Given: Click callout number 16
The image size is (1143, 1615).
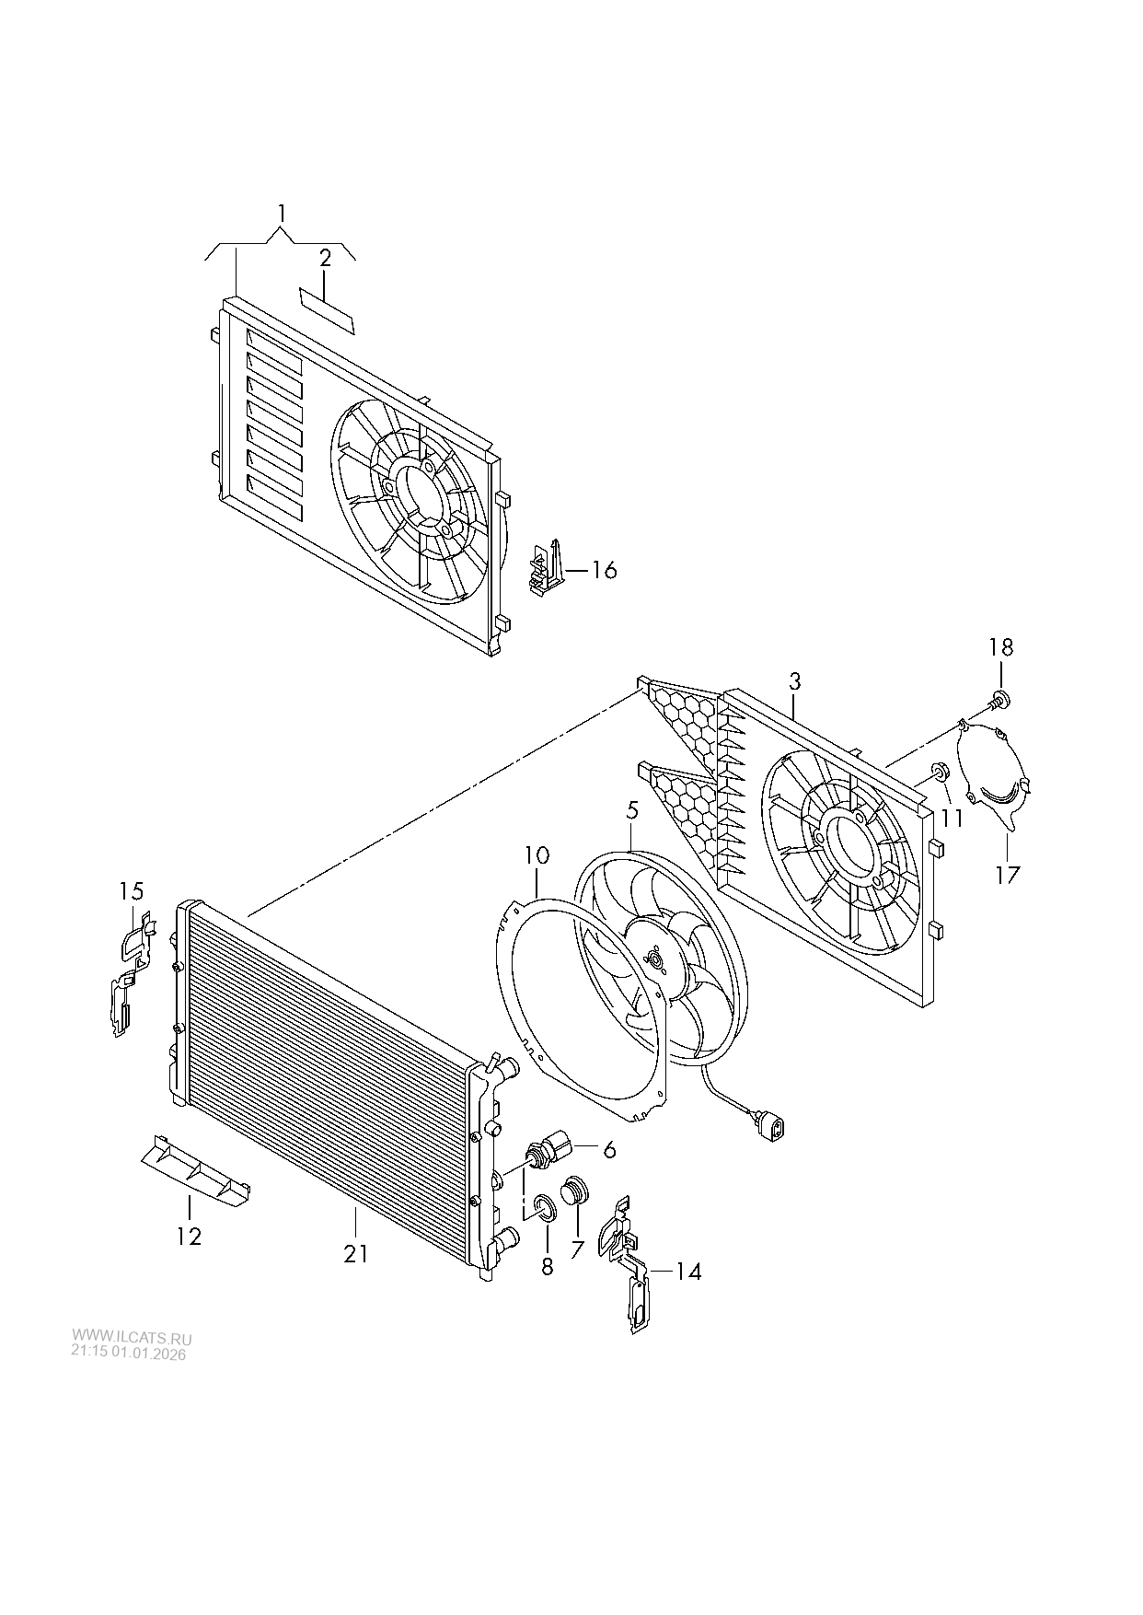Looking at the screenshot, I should tap(604, 570).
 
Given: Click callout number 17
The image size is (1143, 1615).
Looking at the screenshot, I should tap(1008, 873).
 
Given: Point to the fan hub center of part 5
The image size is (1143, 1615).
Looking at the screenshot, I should tap(656, 961).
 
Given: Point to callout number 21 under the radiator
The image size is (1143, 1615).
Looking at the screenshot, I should tap(356, 1253).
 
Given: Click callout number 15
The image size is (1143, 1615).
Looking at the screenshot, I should tap(132, 890).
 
